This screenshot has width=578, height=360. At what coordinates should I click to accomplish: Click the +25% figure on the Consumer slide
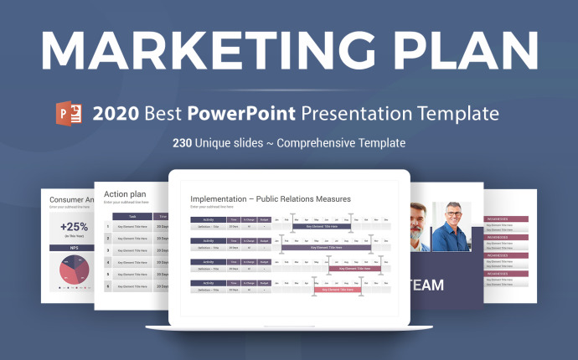click(x=74, y=227)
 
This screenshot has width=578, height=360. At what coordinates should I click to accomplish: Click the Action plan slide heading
click(x=125, y=194)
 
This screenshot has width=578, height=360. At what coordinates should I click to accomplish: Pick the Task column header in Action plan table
click(x=132, y=215)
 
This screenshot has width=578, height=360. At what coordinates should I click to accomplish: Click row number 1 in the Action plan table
click(x=107, y=226)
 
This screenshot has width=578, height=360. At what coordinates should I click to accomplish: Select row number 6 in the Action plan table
click(x=107, y=286)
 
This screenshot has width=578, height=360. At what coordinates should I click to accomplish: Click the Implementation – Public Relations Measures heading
click(x=270, y=198)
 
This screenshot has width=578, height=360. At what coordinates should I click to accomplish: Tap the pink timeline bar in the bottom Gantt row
click(x=338, y=289)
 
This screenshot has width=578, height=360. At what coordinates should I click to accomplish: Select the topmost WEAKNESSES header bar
click(x=508, y=219)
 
